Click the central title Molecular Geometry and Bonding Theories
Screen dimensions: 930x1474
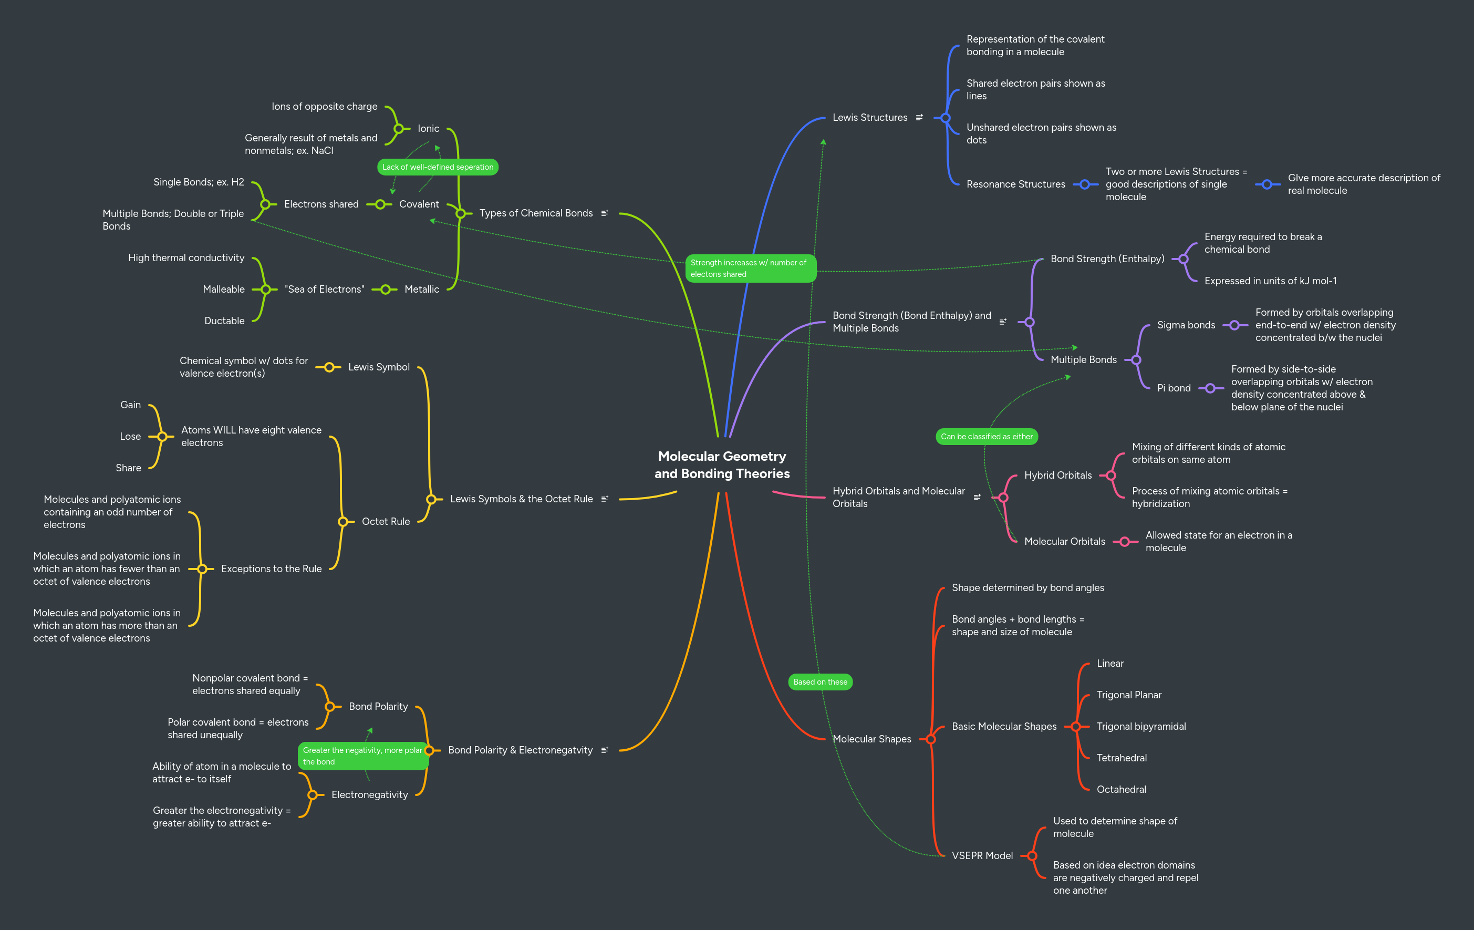click(722, 464)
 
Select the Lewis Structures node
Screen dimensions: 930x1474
click(869, 118)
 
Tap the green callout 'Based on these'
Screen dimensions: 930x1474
click(819, 682)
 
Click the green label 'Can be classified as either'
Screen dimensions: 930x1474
click(986, 437)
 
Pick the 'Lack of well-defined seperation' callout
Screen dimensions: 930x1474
click(437, 167)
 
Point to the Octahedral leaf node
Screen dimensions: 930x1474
click(1121, 789)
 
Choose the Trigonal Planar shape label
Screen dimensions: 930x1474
click(1128, 695)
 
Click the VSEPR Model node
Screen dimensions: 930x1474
click(982, 855)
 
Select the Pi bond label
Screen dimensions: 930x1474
click(1174, 388)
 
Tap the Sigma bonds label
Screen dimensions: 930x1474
click(1186, 325)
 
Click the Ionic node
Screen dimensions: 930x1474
click(428, 129)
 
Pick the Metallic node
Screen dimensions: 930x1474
click(421, 290)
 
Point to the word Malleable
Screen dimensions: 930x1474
click(223, 290)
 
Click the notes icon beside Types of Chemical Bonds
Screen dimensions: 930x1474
click(605, 213)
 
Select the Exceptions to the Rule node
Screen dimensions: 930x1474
click(271, 569)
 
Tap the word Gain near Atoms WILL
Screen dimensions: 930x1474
click(130, 405)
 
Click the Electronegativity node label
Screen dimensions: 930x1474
click(369, 794)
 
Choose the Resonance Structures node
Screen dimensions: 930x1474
click(1015, 184)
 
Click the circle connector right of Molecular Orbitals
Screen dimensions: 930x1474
click(1125, 541)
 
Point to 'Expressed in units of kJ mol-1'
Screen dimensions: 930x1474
click(1270, 281)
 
